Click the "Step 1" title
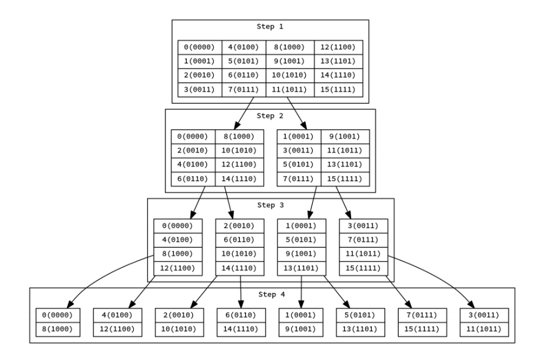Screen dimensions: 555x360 (x=270, y=26)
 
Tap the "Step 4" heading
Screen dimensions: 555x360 (x=272, y=295)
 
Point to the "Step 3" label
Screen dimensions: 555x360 (x=270, y=205)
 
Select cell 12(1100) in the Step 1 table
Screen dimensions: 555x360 (x=338, y=48)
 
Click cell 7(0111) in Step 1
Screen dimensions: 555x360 (x=244, y=90)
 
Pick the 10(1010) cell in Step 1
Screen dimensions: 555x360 (x=290, y=75)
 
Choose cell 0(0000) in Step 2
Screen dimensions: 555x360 (x=194, y=137)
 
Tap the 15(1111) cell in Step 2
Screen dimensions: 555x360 (x=345, y=179)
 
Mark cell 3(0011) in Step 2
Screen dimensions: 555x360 (x=299, y=151)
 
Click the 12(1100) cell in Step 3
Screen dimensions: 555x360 (x=178, y=268)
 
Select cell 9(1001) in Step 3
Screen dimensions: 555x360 (x=301, y=254)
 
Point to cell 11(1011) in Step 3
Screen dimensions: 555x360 (x=363, y=254)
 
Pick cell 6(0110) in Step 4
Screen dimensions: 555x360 (x=241, y=315)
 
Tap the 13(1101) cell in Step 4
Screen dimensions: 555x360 (x=360, y=329)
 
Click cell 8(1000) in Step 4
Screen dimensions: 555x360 (x=57, y=329)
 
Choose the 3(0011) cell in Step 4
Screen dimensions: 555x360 (x=484, y=315)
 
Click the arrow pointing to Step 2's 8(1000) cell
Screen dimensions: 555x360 (x=244, y=113)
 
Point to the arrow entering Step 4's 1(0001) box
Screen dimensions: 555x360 (x=302, y=292)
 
